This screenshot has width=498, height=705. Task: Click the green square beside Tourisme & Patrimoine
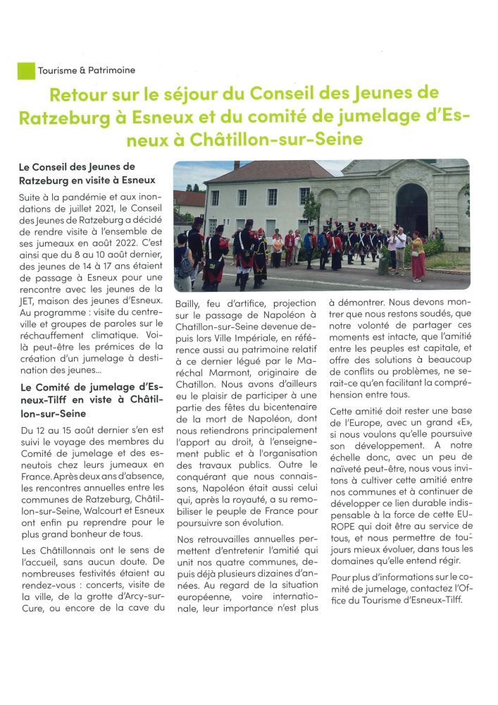click(26, 70)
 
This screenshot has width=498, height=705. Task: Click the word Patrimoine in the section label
click(111, 70)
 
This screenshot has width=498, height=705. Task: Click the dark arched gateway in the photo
click(411, 209)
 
